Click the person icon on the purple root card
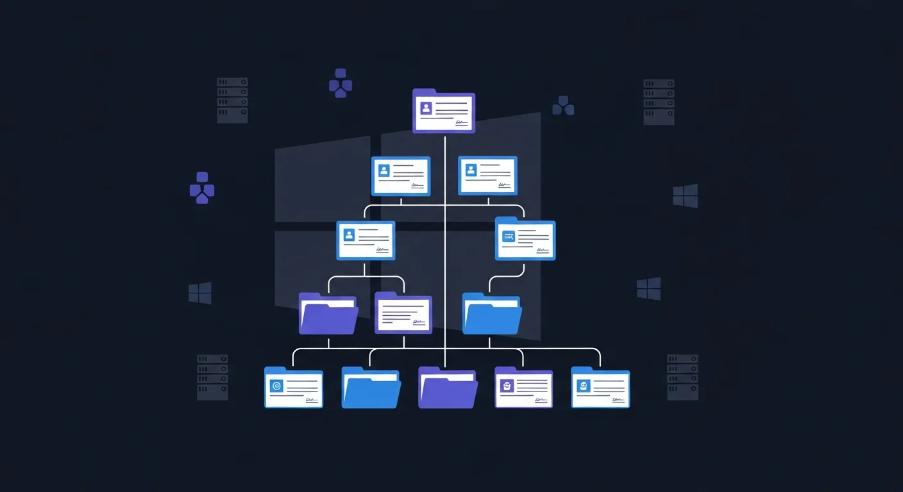[x=426, y=108]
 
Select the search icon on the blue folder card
[x=509, y=237]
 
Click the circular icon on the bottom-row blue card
[x=277, y=386]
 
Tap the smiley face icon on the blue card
[x=583, y=386]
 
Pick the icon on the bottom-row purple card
[x=507, y=386]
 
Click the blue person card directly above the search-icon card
[x=487, y=176]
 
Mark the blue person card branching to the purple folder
[x=366, y=240]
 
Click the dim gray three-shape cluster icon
[x=563, y=106]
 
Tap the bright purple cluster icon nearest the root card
[x=341, y=83]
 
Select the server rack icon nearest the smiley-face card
[x=682, y=377]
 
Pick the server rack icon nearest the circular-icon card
[x=212, y=377]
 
